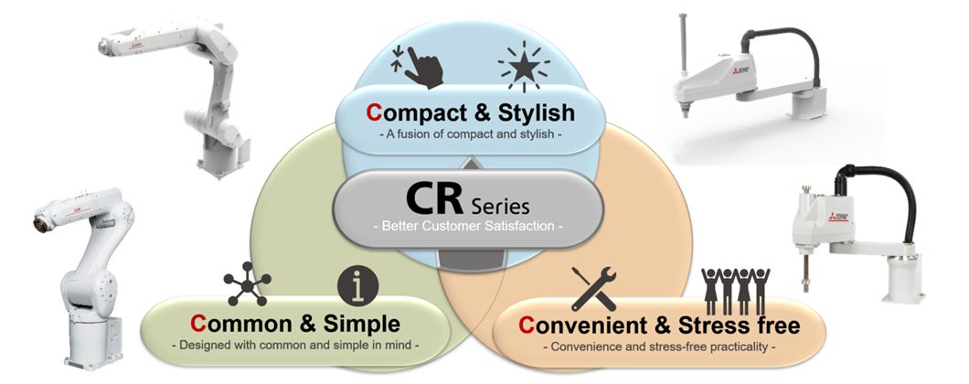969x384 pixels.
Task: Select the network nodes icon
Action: [247, 283]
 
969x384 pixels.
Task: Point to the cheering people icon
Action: [738, 289]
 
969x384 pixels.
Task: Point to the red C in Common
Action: [197, 324]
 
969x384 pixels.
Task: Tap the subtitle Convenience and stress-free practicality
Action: [657, 347]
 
